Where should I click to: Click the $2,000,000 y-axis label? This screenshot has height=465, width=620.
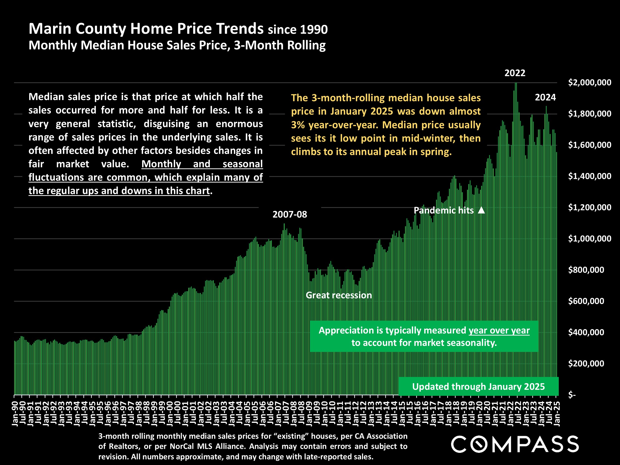pyautogui.click(x=589, y=82)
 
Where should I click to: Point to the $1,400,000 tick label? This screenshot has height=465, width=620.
pyautogui.click(x=589, y=176)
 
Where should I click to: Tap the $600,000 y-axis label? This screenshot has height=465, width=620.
pyautogui.click(x=586, y=301)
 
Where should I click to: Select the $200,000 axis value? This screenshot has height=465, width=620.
pyautogui.click(x=586, y=364)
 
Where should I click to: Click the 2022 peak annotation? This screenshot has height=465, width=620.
pyautogui.click(x=515, y=73)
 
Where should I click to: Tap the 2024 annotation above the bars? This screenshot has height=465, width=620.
pyautogui.click(x=545, y=97)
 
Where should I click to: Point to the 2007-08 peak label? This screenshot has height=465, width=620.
pyautogui.click(x=289, y=215)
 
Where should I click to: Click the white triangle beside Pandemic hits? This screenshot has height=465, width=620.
pyautogui.click(x=481, y=210)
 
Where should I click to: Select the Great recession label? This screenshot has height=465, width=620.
pyautogui.click(x=339, y=295)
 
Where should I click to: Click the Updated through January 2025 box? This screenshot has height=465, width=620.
pyautogui.click(x=478, y=387)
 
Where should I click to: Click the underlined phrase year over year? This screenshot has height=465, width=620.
pyautogui.click(x=499, y=331)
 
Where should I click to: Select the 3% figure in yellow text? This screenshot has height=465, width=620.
pyautogui.click(x=298, y=125)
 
